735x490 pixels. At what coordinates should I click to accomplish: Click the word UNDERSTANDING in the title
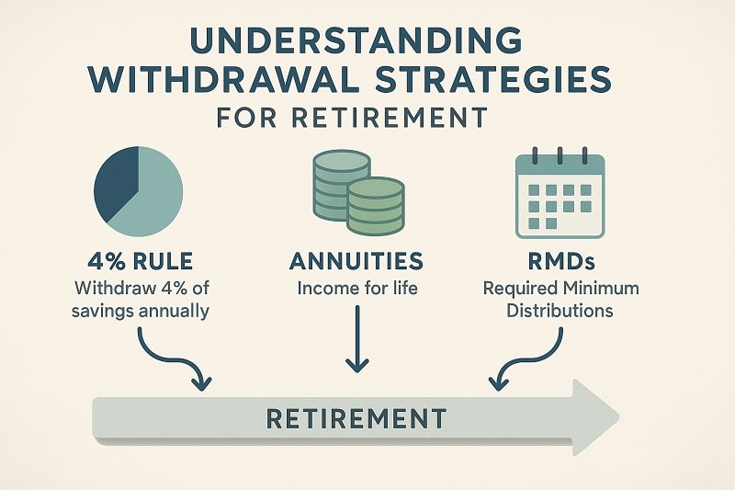367,43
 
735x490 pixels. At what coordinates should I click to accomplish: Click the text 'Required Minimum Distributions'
561,300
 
